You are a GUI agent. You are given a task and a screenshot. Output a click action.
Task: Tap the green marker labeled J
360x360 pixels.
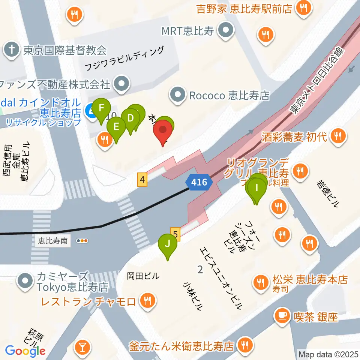(168, 244)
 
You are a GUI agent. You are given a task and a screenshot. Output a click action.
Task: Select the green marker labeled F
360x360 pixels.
(101, 109)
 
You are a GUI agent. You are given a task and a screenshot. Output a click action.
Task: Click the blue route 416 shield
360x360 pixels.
(199, 183)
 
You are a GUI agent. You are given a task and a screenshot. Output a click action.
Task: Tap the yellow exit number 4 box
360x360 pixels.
(142, 180)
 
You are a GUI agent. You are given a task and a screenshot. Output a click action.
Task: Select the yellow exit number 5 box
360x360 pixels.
(175, 234)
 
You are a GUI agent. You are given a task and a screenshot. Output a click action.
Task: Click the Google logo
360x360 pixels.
(25, 351)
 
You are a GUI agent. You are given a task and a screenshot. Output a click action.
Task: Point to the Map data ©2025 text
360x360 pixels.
(328, 354)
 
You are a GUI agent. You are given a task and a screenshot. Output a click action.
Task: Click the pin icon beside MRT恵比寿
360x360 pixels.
(226, 30)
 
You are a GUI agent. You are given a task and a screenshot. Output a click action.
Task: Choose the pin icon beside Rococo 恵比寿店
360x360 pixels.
(178, 95)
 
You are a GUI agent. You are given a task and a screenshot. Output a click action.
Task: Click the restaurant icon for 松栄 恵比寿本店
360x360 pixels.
(260, 281)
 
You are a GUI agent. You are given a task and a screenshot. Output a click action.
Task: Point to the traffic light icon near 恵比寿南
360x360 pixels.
(82, 241)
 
